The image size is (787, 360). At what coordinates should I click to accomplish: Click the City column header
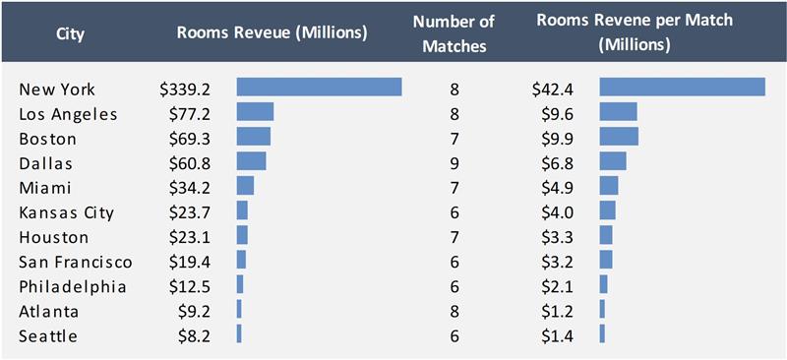[x=71, y=34]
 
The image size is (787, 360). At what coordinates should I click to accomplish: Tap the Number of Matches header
[x=454, y=33]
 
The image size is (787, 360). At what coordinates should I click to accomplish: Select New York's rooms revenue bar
[x=319, y=87]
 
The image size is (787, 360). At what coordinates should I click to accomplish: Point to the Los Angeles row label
[x=68, y=115]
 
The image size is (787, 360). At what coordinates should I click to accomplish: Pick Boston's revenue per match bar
[x=619, y=136]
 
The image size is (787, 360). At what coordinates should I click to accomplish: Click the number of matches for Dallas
[x=454, y=163]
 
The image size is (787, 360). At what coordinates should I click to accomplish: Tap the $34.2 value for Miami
[x=190, y=188]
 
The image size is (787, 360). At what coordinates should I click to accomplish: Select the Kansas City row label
[x=66, y=212]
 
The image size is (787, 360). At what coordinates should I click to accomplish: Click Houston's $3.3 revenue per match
[x=557, y=237]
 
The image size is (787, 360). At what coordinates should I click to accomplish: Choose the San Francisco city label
[x=76, y=262]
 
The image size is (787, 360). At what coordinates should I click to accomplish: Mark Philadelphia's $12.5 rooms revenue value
[x=190, y=286]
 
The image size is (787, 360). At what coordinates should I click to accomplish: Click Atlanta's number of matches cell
[x=454, y=312]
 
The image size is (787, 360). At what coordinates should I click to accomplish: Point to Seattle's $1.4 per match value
[x=557, y=335]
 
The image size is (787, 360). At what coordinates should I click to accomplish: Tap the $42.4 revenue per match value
[x=553, y=90]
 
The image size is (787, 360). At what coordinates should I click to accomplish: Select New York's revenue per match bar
[x=683, y=87]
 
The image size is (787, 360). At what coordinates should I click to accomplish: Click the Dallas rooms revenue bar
[x=252, y=160]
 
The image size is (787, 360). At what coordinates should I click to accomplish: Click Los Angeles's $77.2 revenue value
[x=190, y=114]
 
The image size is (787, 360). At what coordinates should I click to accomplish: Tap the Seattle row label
[x=48, y=335]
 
